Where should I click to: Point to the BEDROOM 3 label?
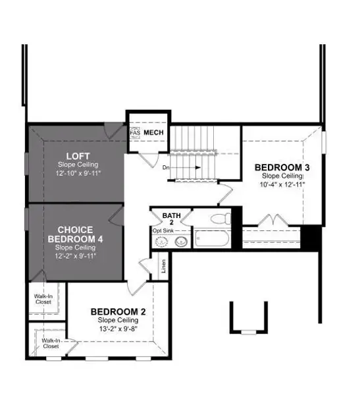point(282,167)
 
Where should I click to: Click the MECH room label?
point(153,133)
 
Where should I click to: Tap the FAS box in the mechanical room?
point(135,133)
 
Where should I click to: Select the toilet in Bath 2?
point(218,219)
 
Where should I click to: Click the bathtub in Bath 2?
point(211,238)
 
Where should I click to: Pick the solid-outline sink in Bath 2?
point(182,242)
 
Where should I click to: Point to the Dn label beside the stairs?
point(167,168)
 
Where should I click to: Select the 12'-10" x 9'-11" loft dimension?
point(77,172)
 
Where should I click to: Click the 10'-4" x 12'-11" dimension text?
point(282,184)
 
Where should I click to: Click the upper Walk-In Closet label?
point(43,300)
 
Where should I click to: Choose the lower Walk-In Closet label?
point(51,342)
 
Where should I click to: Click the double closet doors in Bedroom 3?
point(273,221)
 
